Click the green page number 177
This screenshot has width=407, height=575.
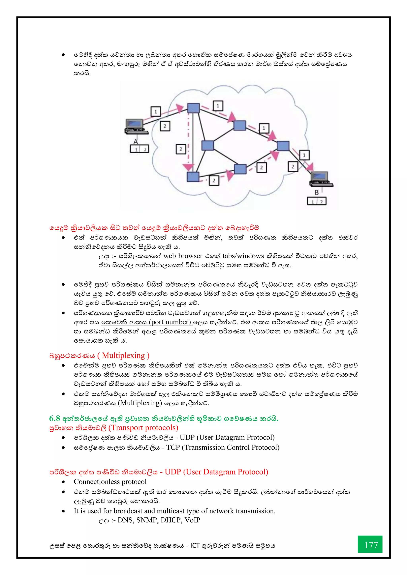click(x=370, y=545)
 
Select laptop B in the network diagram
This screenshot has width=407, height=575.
click(x=321, y=179)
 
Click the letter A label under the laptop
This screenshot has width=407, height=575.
click(x=136, y=142)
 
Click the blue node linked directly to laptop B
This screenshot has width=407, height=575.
click(x=283, y=146)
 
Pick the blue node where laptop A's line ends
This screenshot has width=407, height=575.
click(x=194, y=108)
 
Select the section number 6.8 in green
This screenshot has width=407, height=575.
click(x=55, y=418)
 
